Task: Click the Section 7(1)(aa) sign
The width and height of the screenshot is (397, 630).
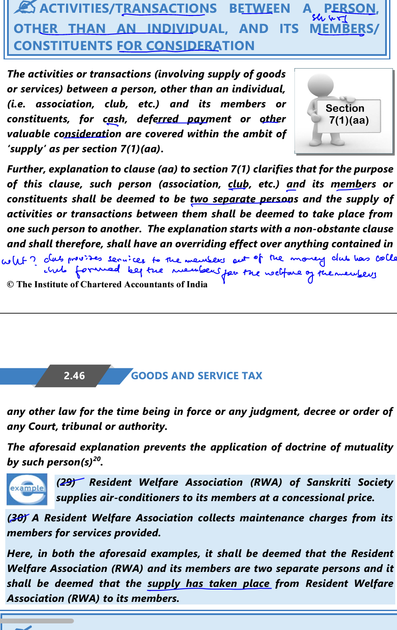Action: (348, 114)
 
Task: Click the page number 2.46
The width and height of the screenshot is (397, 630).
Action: (74, 376)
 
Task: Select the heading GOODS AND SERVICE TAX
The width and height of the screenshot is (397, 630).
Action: (196, 376)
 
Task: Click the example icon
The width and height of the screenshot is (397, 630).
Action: (27, 489)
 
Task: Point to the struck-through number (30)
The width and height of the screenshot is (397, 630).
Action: (17, 518)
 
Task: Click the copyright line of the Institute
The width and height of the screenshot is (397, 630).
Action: (107, 284)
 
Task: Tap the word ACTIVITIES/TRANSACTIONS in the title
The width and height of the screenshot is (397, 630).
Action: (128, 8)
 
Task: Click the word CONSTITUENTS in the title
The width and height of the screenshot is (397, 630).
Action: (63, 46)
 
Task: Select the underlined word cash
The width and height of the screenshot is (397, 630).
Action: (114, 119)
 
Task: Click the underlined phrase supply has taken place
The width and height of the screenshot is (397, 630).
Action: (208, 583)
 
